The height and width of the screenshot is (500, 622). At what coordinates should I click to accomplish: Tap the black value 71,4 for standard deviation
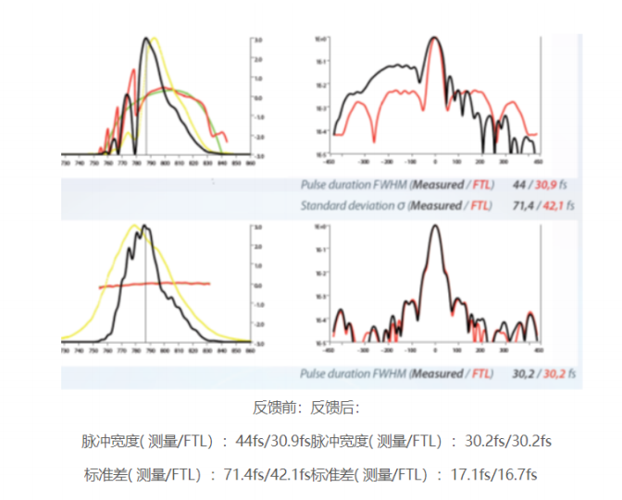click(x=522, y=205)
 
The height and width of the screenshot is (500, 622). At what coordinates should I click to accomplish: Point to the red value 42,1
click(x=552, y=205)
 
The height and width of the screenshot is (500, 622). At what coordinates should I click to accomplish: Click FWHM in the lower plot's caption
click(x=390, y=374)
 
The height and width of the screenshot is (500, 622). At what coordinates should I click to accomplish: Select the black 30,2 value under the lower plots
click(x=522, y=374)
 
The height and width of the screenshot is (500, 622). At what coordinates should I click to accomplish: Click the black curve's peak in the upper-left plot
click(x=145, y=39)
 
